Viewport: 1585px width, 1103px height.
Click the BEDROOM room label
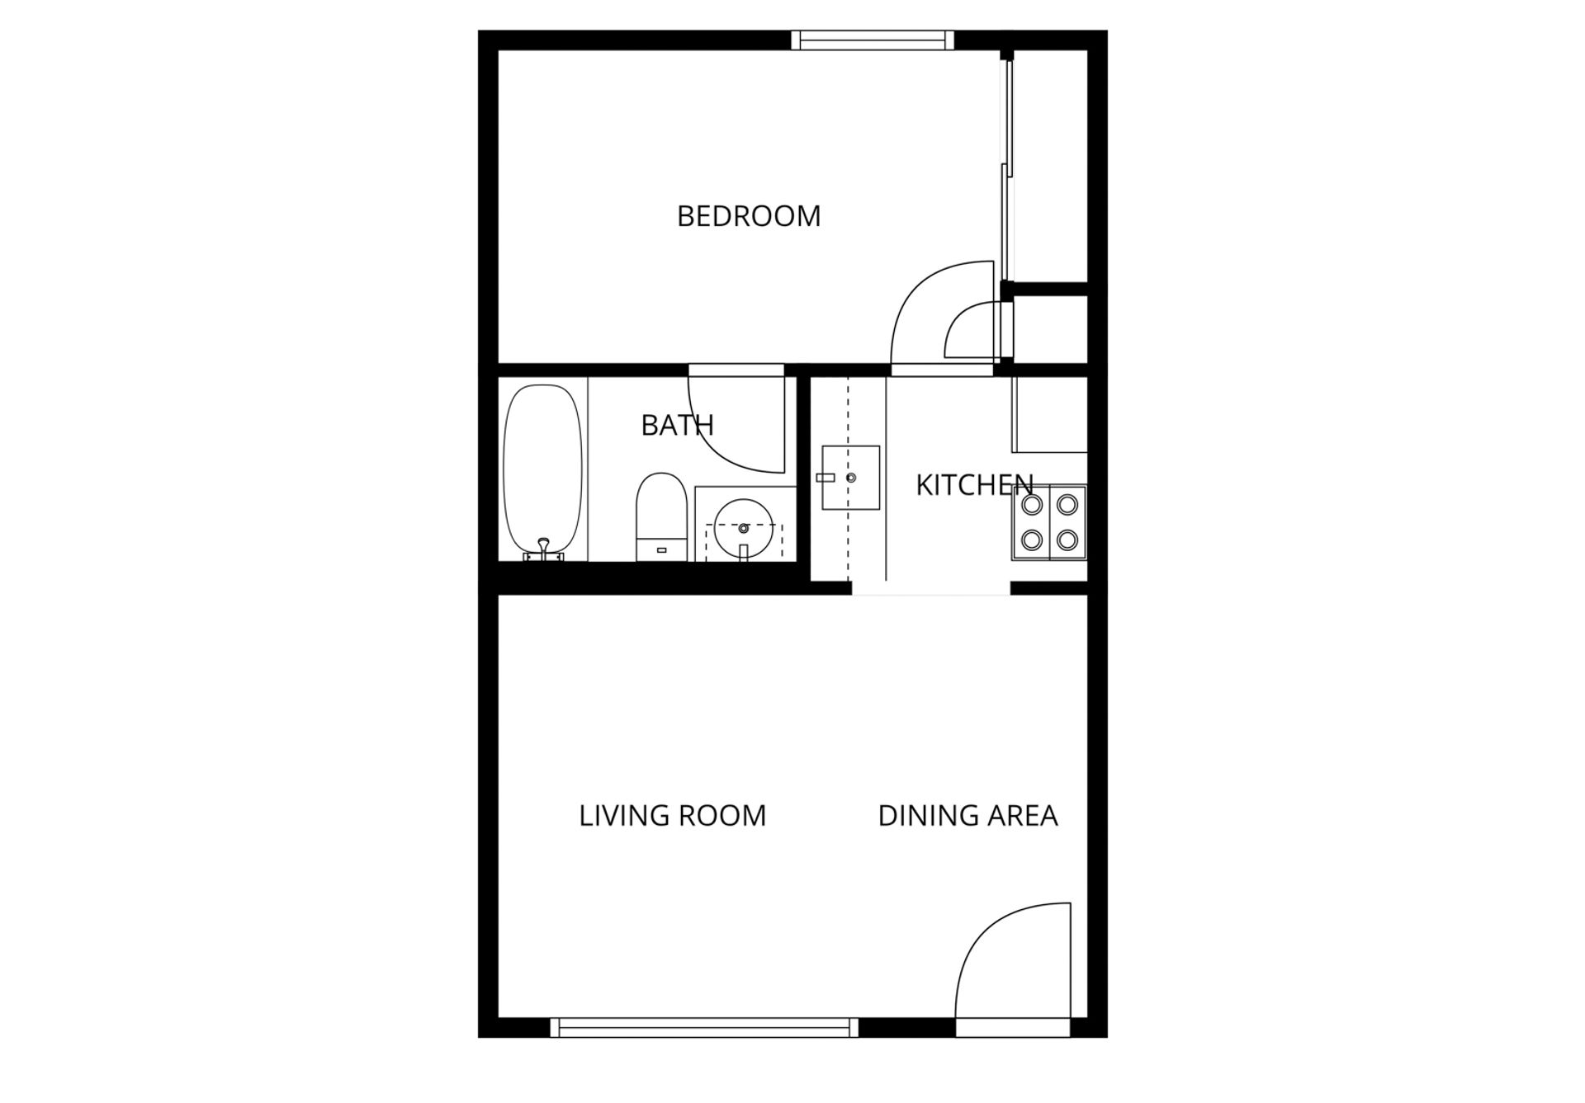click(x=749, y=216)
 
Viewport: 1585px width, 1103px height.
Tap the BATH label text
click(x=677, y=425)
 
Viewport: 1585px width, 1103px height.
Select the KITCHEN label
click(x=974, y=485)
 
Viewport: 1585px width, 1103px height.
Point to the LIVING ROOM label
click(x=672, y=816)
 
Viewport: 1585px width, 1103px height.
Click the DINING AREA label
click(x=968, y=816)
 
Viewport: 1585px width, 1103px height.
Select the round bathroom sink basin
click(x=743, y=527)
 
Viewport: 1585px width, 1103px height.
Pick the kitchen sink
click(x=850, y=478)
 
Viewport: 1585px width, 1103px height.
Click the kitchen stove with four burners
click(x=1049, y=522)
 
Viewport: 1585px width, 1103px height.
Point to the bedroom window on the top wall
click(x=873, y=40)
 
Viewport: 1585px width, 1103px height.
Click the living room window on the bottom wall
click(x=704, y=1027)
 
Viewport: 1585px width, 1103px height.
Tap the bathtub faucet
click(x=543, y=546)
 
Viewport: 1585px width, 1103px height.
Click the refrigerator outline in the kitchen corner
click(x=1049, y=414)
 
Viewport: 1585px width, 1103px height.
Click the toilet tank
click(x=661, y=549)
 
